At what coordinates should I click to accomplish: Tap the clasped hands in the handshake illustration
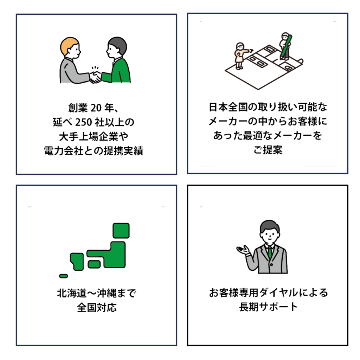(x=95, y=77)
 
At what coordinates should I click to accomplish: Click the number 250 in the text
(x=84, y=122)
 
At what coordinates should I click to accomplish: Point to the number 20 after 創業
(x=96, y=108)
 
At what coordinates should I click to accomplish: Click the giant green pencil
(x=286, y=47)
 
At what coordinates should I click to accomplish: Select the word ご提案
(x=268, y=150)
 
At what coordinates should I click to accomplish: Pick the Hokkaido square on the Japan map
(x=121, y=231)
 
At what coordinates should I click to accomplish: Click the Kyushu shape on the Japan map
(x=77, y=262)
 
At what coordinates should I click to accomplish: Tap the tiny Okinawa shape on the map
(x=64, y=276)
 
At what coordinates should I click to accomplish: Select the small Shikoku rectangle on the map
(x=94, y=264)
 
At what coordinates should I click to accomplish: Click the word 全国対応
(x=97, y=308)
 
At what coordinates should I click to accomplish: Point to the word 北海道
(x=72, y=293)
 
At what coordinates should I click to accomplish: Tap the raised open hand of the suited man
(x=243, y=250)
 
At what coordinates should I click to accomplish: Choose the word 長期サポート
(x=268, y=307)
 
